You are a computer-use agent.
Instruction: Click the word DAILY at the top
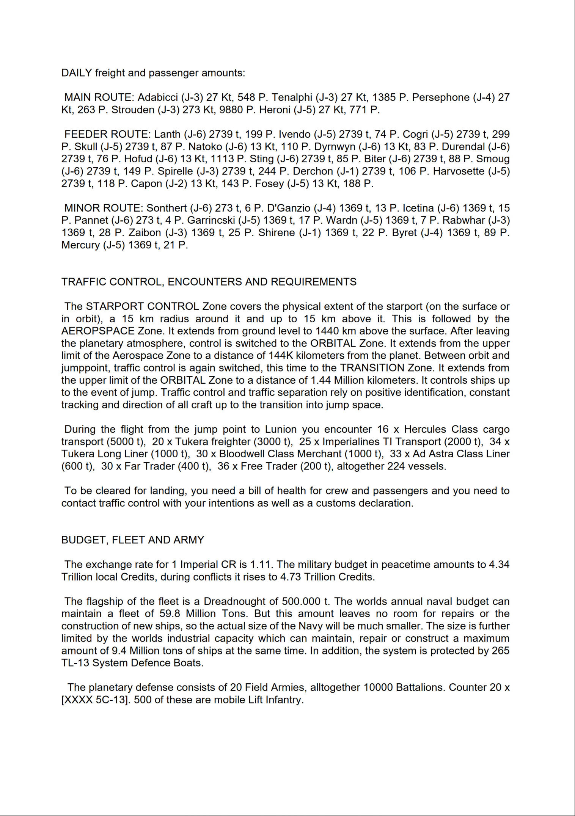coord(77,73)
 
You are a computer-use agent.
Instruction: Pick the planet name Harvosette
coord(459,171)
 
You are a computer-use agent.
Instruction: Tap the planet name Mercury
coord(80,245)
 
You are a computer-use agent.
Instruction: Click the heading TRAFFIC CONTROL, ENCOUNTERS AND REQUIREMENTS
coord(209,282)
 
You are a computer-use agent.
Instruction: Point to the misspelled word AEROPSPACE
coord(98,331)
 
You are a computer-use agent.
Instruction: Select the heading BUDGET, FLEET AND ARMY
coord(133,540)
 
